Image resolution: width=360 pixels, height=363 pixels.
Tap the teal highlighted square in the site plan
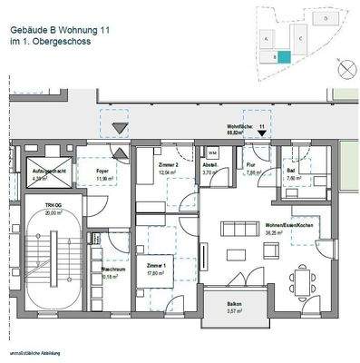tap(283, 56)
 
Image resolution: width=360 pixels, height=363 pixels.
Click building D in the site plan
tap(326, 18)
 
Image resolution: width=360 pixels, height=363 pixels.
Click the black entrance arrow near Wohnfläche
tap(262, 132)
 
